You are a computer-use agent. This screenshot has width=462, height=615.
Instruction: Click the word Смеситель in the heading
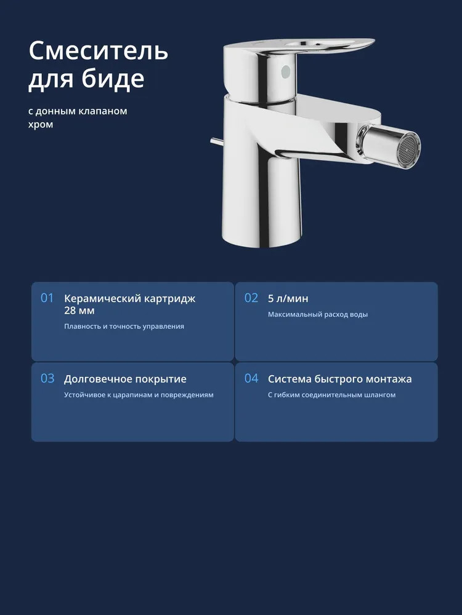[98, 50]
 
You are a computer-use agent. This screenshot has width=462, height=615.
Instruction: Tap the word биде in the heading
[113, 79]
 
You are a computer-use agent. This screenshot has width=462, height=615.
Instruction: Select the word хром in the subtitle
[41, 125]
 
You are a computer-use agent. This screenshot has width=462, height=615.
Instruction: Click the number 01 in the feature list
[47, 298]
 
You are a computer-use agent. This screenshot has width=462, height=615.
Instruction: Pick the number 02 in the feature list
[251, 298]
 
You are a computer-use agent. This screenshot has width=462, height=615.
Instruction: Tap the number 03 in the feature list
[47, 378]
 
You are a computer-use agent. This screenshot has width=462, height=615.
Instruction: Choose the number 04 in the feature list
[251, 378]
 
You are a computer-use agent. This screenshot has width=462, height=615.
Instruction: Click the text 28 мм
[79, 311]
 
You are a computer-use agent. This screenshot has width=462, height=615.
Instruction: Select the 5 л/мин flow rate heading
[288, 298]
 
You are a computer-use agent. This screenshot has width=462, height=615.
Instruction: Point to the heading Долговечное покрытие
[125, 379]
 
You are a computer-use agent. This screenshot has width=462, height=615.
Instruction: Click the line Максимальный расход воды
[318, 314]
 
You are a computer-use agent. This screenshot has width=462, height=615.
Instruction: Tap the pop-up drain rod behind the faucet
[216, 141]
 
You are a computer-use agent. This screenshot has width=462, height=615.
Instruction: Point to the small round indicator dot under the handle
[286, 71]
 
